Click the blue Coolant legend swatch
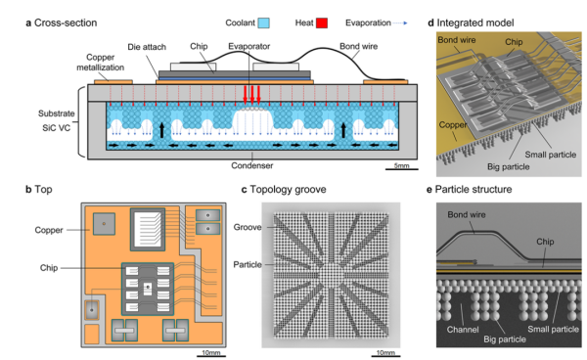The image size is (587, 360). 264,23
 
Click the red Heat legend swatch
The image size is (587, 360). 322,23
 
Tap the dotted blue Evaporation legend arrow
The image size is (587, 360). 400,23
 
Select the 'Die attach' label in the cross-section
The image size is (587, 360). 147,47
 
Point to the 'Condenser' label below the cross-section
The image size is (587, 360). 252,165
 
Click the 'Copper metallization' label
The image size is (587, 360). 101,63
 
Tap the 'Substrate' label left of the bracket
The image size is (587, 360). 57,113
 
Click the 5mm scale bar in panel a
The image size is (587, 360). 402,169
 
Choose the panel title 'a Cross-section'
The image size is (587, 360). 62,22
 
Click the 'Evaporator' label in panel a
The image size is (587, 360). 248,46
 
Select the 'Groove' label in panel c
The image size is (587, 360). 248,227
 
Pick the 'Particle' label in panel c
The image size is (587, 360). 248,264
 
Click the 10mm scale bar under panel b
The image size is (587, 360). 211,355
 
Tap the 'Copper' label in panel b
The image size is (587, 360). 49,230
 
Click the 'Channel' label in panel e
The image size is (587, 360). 463,330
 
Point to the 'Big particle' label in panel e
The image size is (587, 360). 505,339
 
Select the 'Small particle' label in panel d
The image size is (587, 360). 550,155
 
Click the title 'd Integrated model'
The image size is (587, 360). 471,22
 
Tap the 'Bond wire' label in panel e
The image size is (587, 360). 467,215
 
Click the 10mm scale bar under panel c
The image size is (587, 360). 385,355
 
